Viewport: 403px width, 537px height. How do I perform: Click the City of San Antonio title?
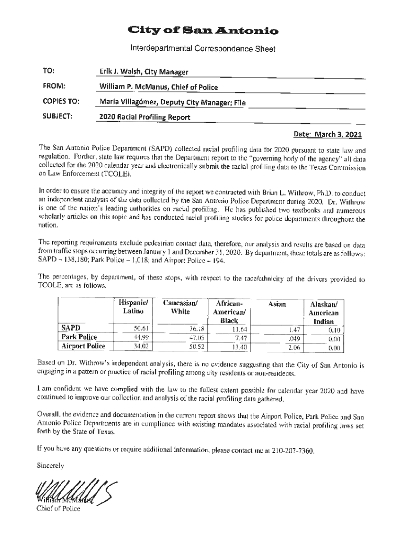pyautogui.click(x=201, y=31)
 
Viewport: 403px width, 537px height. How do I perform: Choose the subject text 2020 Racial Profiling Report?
pyautogui.click(x=145, y=117)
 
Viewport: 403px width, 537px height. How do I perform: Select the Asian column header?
pyautogui.click(x=278, y=304)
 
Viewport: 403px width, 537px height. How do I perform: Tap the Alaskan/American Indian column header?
pyautogui.click(x=324, y=313)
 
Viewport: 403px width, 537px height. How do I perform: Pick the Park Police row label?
pyautogui.click(x=79, y=337)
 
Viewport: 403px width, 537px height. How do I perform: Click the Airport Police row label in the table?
pyautogui.click(x=83, y=346)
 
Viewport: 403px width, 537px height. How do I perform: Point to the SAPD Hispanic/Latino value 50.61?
pyautogui.click(x=143, y=329)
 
